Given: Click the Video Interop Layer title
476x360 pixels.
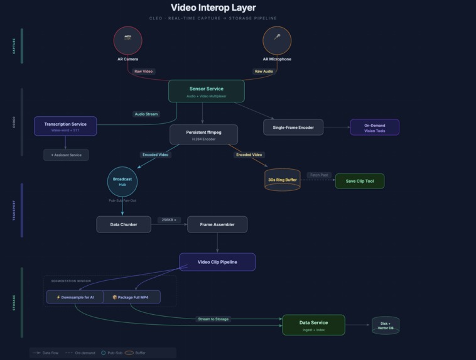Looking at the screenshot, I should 213,8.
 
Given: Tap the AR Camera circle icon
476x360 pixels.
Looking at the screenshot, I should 127,40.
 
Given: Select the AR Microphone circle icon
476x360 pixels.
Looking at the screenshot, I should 277,40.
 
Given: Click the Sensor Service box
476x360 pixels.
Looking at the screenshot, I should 206,91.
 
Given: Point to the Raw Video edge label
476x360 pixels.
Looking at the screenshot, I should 143,72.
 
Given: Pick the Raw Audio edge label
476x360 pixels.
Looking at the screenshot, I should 264,72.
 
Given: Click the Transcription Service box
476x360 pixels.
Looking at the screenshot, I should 65,126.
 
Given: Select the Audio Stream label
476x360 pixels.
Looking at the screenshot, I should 146,114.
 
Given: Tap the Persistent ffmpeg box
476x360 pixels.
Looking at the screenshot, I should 203,134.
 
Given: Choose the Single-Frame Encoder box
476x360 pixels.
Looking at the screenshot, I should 293,127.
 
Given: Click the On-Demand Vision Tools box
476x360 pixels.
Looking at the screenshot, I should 374,127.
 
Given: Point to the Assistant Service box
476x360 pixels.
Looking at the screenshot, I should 66,155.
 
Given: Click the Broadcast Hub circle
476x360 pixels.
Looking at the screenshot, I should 122,182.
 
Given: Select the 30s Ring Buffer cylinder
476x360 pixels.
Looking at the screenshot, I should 282,180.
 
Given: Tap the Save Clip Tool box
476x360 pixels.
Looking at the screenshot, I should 359,181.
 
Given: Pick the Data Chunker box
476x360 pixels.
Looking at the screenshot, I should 124,224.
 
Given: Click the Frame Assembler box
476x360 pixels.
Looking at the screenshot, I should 217,224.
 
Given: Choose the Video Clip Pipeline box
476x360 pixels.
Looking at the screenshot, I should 217,262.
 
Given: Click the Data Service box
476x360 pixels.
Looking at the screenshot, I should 313,325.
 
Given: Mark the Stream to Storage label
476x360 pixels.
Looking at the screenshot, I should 213,319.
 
